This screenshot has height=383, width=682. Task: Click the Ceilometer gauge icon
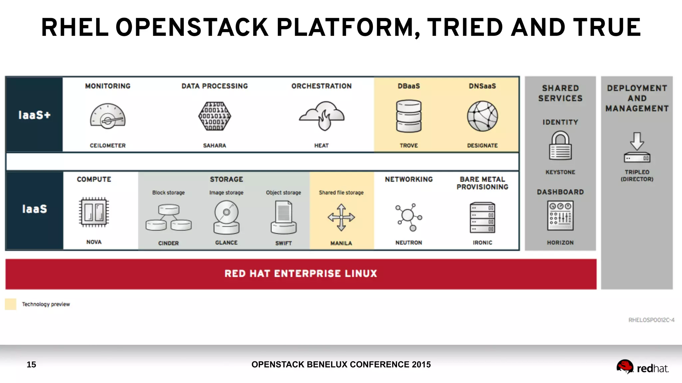click(108, 116)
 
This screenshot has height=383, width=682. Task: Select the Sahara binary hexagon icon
click(214, 116)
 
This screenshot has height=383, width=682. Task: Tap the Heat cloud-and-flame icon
click(322, 116)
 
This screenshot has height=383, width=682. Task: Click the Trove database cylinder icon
click(409, 116)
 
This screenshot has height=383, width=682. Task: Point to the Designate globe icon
click(482, 116)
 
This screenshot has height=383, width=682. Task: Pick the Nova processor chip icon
click(94, 212)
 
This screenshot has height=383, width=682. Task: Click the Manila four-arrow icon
click(341, 217)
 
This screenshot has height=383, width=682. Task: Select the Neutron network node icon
click(409, 217)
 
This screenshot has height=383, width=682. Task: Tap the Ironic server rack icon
click(482, 217)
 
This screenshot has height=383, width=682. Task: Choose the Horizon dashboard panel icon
click(560, 216)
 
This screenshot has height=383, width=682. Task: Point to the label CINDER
click(169, 243)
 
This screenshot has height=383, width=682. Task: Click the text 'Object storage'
click(283, 192)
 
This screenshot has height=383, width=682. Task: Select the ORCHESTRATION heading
click(321, 86)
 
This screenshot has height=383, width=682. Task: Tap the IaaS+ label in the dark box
click(34, 115)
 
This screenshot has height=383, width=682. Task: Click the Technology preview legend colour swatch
click(11, 304)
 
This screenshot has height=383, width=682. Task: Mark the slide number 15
click(31, 364)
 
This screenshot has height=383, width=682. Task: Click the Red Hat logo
click(642, 367)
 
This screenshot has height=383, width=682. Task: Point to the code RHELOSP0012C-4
click(651, 320)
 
